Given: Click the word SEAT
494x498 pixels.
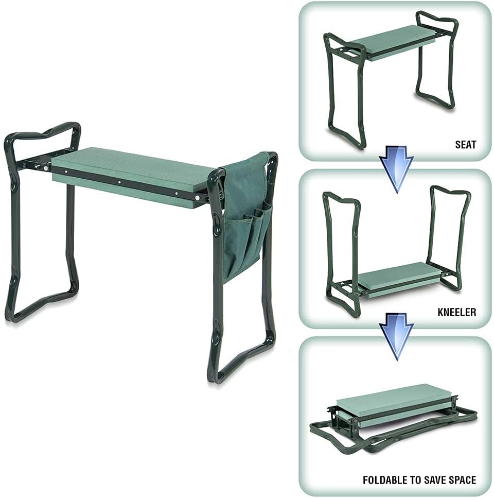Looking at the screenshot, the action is pyautogui.click(x=466, y=145).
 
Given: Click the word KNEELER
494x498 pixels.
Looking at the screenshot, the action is pyautogui.click(x=457, y=312).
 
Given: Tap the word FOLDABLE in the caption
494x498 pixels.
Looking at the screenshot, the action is pyautogui.click(x=385, y=479).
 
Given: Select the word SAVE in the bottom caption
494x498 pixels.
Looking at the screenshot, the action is pyautogui.click(x=432, y=479).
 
